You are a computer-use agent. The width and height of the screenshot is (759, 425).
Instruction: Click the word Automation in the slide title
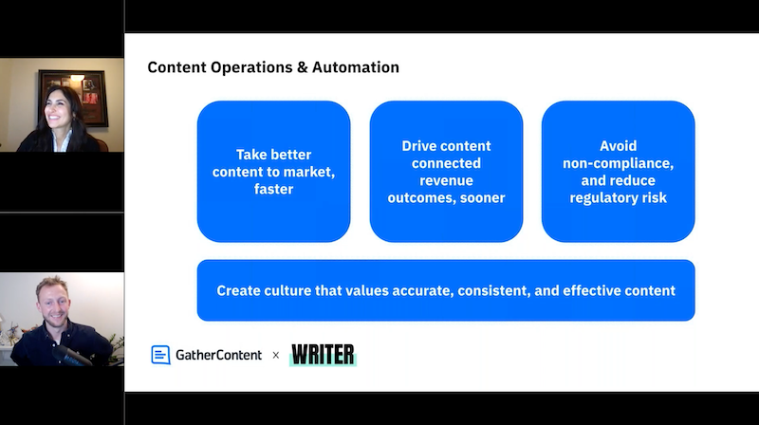[356, 67]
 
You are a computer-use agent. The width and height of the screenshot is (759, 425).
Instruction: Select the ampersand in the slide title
[303, 67]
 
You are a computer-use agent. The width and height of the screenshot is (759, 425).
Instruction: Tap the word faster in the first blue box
[273, 189]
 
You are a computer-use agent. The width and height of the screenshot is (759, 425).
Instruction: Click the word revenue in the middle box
[446, 180]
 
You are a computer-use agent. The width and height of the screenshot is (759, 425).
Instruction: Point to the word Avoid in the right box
[619, 146]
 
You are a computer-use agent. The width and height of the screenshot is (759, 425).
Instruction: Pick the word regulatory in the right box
[602, 198]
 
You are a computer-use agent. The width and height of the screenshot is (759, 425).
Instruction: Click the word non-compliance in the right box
[618, 163]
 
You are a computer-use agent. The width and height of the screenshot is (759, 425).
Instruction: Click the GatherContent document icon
[160, 355]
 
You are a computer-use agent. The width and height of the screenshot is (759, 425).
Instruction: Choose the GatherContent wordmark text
[218, 356]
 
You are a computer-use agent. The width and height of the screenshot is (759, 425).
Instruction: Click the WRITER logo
[323, 355]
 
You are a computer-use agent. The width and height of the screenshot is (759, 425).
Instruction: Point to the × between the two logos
[276, 356]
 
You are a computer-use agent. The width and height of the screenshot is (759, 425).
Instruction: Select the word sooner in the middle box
[483, 198]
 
